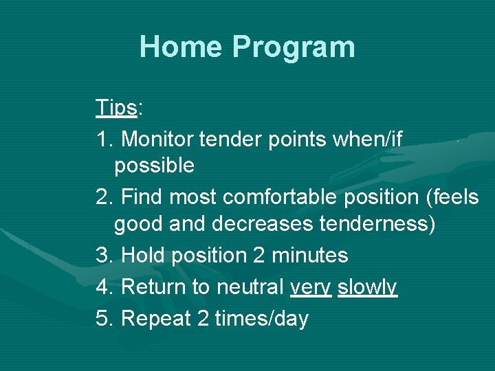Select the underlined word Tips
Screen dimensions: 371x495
pos(117,108)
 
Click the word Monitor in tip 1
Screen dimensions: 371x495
pos(157,139)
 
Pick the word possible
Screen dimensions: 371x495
pos(154,166)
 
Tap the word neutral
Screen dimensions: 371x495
pos(250,286)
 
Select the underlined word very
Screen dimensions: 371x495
pos(311,288)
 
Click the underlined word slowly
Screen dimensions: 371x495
pos(367,286)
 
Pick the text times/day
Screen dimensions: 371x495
pos(262,319)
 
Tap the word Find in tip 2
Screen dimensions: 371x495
pos(142,198)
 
